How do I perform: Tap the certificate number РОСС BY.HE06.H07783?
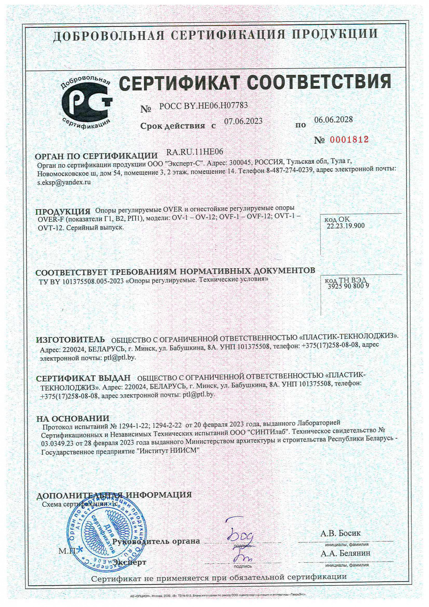203,106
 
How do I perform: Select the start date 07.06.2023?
243,121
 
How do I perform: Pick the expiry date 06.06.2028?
333,119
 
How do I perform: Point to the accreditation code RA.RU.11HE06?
195,152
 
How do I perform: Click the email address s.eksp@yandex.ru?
64,182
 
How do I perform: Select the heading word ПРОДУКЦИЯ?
63,212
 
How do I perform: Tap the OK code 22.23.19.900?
345,226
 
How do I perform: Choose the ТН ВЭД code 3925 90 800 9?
348,286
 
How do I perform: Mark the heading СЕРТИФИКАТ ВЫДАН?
83,378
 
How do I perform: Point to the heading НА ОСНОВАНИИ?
73,419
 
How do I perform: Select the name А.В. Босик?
340,533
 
